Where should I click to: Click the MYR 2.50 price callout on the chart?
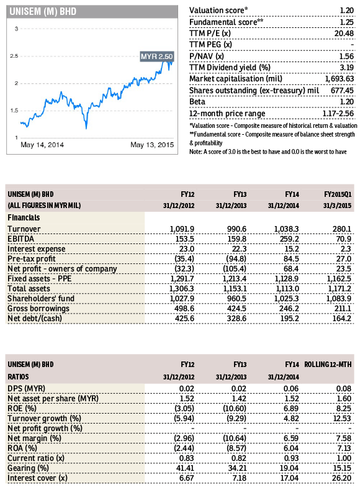[157, 57]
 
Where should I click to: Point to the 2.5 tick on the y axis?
[14, 56]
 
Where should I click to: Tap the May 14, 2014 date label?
[42, 145]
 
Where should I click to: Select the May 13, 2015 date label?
[152, 145]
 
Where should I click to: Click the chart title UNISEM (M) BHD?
[43, 12]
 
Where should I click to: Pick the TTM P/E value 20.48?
[344, 34]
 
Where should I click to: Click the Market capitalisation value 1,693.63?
[340, 79]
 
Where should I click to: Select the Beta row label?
[197, 102]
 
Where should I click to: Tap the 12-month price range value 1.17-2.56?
[338, 114]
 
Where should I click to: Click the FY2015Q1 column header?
[338, 194]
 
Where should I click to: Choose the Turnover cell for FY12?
[182, 229]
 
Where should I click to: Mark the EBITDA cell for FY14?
[289, 239]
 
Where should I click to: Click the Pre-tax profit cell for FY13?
[235, 259]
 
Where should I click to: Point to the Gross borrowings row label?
[38, 309]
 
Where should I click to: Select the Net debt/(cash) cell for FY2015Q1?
[342, 319]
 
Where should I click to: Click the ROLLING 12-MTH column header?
[328, 365]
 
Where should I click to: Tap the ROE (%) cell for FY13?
[235, 409]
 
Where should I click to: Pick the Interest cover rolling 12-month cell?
[343, 478]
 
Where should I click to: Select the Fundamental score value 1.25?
[347, 22]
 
